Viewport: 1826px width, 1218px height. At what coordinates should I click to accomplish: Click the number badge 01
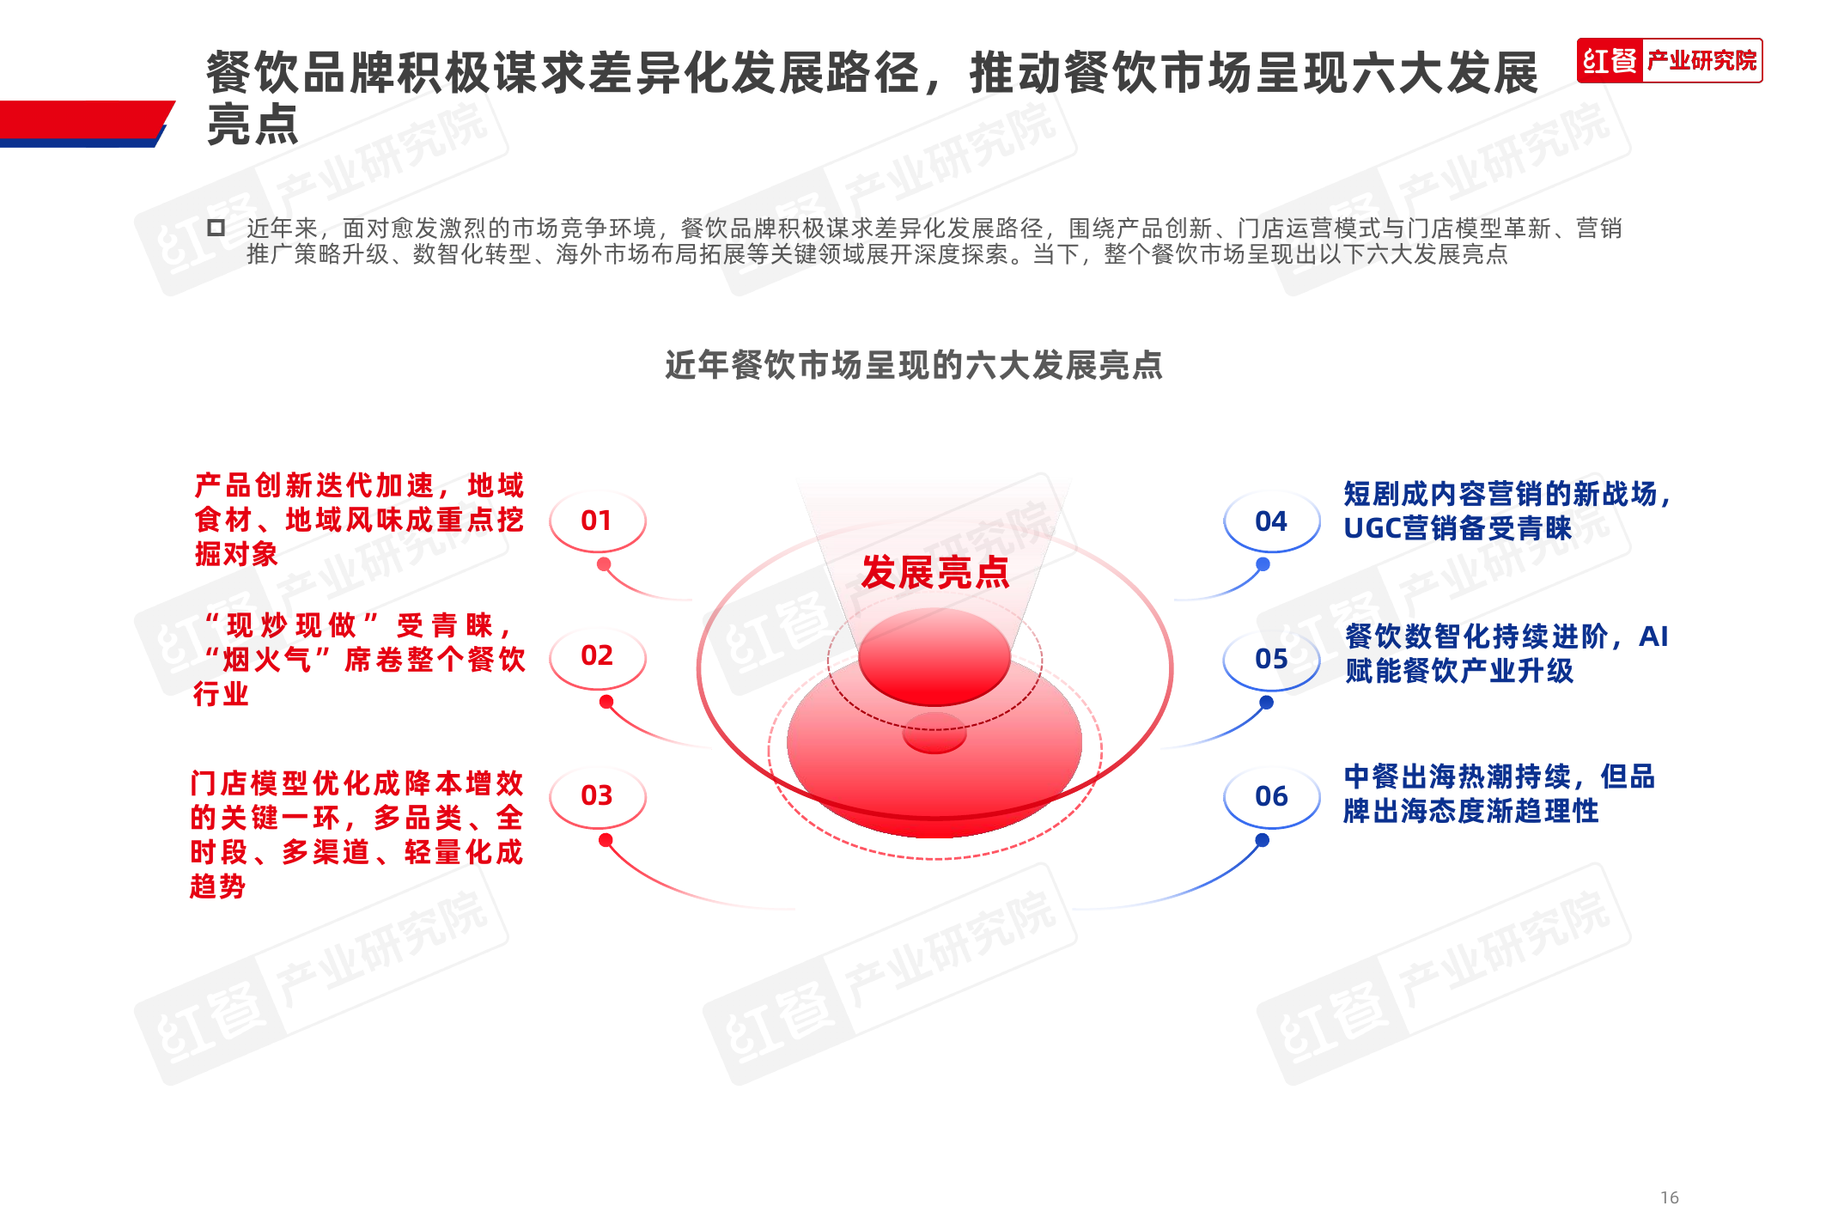point(597,521)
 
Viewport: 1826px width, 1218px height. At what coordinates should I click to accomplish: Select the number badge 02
point(597,656)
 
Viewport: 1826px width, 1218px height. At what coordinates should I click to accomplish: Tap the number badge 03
point(597,795)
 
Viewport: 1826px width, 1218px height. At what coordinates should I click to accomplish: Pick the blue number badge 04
point(1271,521)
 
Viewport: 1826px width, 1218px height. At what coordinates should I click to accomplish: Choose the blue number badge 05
point(1271,659)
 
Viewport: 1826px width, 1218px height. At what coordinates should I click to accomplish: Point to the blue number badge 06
point(1271,796)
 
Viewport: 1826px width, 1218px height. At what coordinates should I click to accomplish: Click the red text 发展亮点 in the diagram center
point(934,572)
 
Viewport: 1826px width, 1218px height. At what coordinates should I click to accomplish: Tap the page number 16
point(1669,1197)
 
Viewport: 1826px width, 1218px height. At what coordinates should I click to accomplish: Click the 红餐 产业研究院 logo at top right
point(1669,61)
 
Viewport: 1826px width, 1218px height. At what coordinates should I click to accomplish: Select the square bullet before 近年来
point(216,228)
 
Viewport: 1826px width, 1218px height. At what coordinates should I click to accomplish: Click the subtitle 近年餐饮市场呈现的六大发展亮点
point(913,366)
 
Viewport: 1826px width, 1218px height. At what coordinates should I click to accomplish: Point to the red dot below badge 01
point(604,564)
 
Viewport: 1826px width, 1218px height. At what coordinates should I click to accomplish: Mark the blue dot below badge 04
point(1263,564)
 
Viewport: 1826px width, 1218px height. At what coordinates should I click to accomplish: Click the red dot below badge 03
point(606,840)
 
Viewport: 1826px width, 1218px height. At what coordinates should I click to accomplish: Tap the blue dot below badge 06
point(1262,840)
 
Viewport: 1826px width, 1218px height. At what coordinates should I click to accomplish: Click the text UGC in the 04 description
point(1372,528)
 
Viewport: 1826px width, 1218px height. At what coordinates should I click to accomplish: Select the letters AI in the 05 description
point(1653,636)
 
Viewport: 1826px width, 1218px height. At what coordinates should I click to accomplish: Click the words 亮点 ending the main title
point(253,125)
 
